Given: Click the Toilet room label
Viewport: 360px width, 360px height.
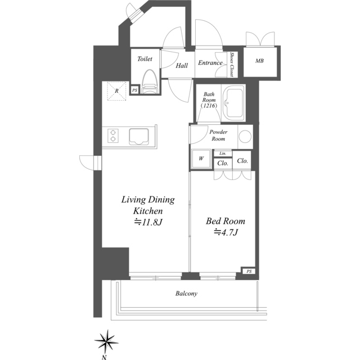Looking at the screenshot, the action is (145, 59).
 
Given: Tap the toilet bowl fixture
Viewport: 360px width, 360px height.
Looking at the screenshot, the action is (150, 82).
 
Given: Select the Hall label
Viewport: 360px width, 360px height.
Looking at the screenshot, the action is (182, 66).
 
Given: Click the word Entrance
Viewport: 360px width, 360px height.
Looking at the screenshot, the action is (210, 63).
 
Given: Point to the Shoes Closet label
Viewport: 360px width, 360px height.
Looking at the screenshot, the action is (232, 65).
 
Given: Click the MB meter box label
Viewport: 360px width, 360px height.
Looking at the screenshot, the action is (259, 61).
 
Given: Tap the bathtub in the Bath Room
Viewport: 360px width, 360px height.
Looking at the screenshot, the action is (234, 103).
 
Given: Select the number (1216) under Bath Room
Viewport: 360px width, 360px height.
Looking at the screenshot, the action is (209, 106).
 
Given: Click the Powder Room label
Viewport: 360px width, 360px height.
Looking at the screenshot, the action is (218, 135).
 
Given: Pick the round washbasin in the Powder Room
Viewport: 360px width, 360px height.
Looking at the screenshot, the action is (245, 136).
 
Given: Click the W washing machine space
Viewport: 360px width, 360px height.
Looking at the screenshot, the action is (201, 159).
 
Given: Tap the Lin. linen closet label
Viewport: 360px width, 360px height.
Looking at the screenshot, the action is (223, 154).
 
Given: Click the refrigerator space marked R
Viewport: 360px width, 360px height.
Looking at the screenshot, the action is (116, 91).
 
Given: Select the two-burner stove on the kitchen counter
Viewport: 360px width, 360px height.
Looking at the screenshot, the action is (113, 136).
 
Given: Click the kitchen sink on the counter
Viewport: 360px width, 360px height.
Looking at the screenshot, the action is (139, 137).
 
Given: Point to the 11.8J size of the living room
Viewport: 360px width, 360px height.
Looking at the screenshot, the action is (148, 222).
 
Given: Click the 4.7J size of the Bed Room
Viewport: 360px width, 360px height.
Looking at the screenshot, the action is (226, 232).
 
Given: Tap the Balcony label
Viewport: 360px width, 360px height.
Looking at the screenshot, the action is (186, 294).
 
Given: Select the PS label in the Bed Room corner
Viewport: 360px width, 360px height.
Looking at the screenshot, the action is (249, 271).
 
